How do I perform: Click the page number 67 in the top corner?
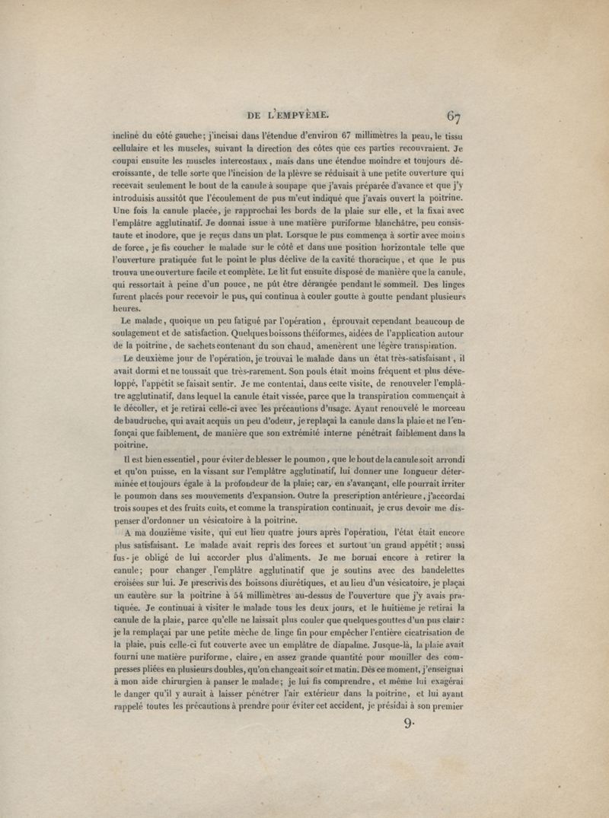point(454,116)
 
